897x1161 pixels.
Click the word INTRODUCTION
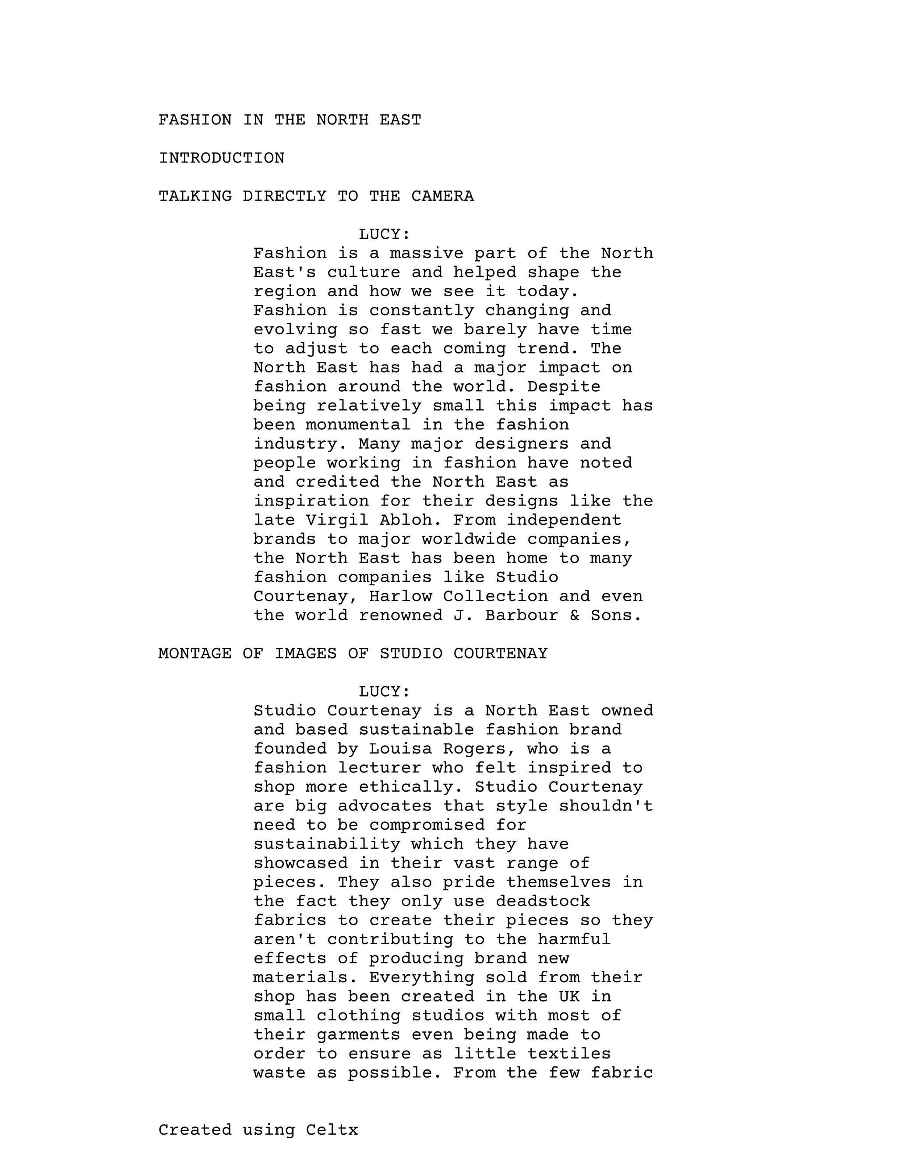click(x=222, y=158)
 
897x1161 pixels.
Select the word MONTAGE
click(x=195, y=653)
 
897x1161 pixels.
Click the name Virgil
click(x=337, y=520)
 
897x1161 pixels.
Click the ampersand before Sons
click(x=575, y=615)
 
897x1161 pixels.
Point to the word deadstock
click(x=543, y=901)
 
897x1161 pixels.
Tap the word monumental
click(x=358, y=425)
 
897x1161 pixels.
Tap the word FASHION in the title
click(x=195, y=120)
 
